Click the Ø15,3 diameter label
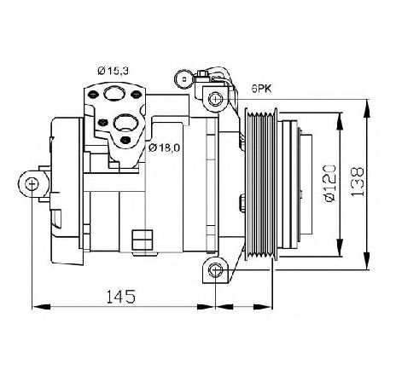click(x=113, y=71)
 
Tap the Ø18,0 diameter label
click(x=164, y=148)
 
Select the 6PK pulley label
click(x=261, y=89)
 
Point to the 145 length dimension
click(x=121, y=297)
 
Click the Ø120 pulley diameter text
click(x=330, y=183)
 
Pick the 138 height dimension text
click(x=357, y=182)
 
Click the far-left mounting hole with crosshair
click(x=32, y=184)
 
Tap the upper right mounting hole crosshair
click(x=215, y=99)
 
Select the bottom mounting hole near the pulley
click(x=215, y=269)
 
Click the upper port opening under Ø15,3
click(x=114, y=93)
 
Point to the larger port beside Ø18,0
click(x=125, y=123)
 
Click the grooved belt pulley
click(x=261, y=183)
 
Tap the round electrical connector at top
click(x=183, y=79)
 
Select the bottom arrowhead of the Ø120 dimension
click(x=340, y=248)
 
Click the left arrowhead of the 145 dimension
click(x=41, y=307)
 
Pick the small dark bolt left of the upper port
click(x=93, y=94)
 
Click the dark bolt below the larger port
click(x=125, y=140)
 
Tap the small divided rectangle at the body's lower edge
click(x=143, y=240)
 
